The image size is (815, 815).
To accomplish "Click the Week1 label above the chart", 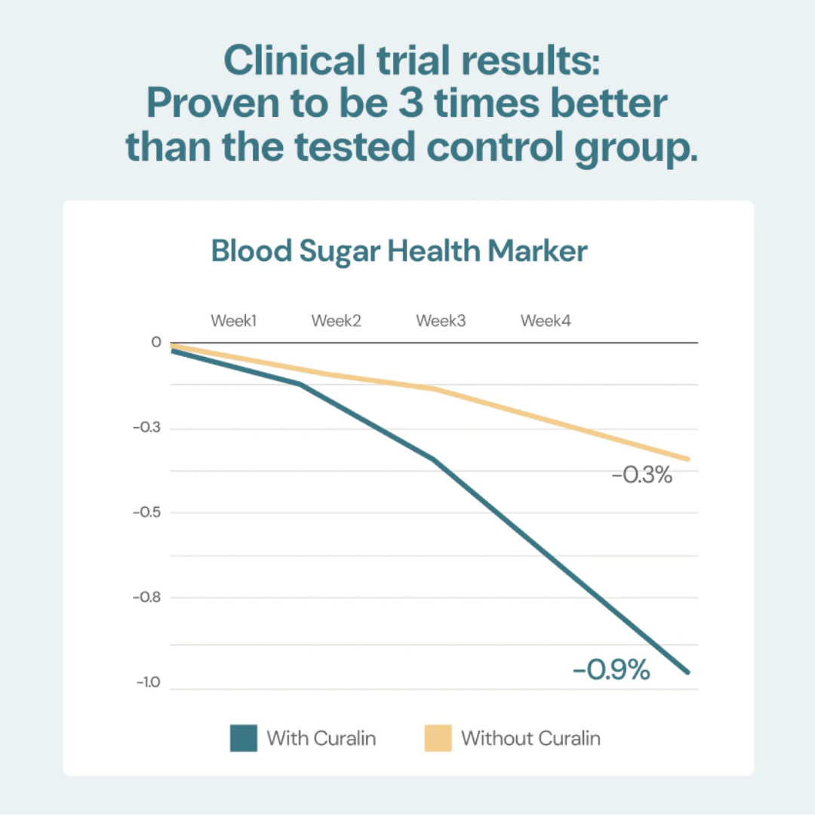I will (234, 321).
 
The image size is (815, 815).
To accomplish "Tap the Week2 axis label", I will (336, 321).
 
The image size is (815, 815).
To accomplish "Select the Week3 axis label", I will (441, 321).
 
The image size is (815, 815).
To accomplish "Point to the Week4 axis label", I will (546, 321).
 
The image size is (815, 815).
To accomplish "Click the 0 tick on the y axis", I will (156, 343).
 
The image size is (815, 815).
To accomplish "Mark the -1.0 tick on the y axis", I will (149, 683).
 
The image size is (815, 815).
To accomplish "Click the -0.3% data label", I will (641, 475).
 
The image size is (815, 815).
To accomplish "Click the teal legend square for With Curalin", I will (244, 738).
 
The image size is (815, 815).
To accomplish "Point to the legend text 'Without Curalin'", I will (531, 738).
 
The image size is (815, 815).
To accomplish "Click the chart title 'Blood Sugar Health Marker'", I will (399, 251).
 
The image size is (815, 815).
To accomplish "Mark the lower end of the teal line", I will (688, 672).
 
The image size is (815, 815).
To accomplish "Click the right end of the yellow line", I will (688, 459).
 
